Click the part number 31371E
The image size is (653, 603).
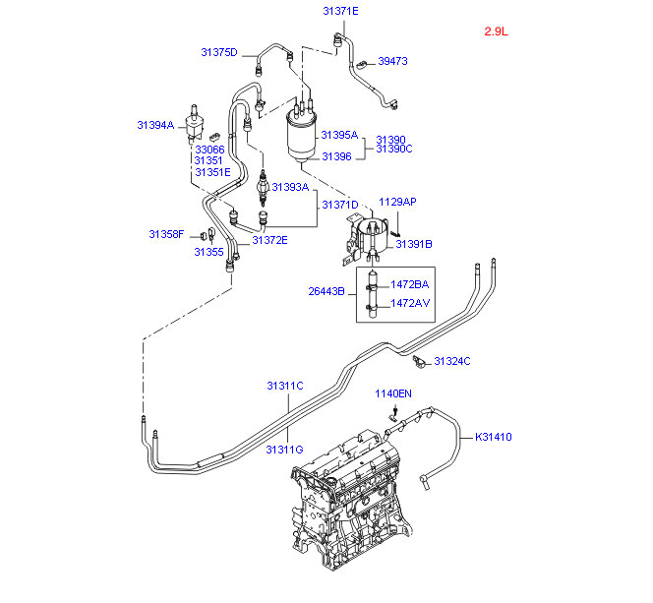pyautogui.click(x=340, y=11)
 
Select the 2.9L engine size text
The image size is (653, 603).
pyautogui.click(x=495, y=31)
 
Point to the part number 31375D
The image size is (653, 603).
pyautogui.click(x=219, y=52)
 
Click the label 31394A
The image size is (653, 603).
pyautogui.click(x=154, y=125)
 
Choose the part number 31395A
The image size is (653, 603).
pyautogui.click(x=339, y=136)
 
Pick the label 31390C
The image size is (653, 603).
pyautogui.click(x=393, y=149)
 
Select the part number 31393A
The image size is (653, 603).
pyautogui.click(x=290, y=187)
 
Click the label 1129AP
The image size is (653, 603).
pyautogui.click(x=398, y=202)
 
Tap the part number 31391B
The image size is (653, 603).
pyautogui.click(x=414, y=243)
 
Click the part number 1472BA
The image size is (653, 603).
pyautogui.click(x=409, y=284)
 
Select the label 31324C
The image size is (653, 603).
pyautogui.click(x=452, y=361)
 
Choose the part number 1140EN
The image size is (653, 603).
pyautogui.click(x=392, y=393)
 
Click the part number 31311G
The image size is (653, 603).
pyautogui.click(x=283, y=450)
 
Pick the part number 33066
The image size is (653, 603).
pyautogui.click(x=208, y=149)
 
